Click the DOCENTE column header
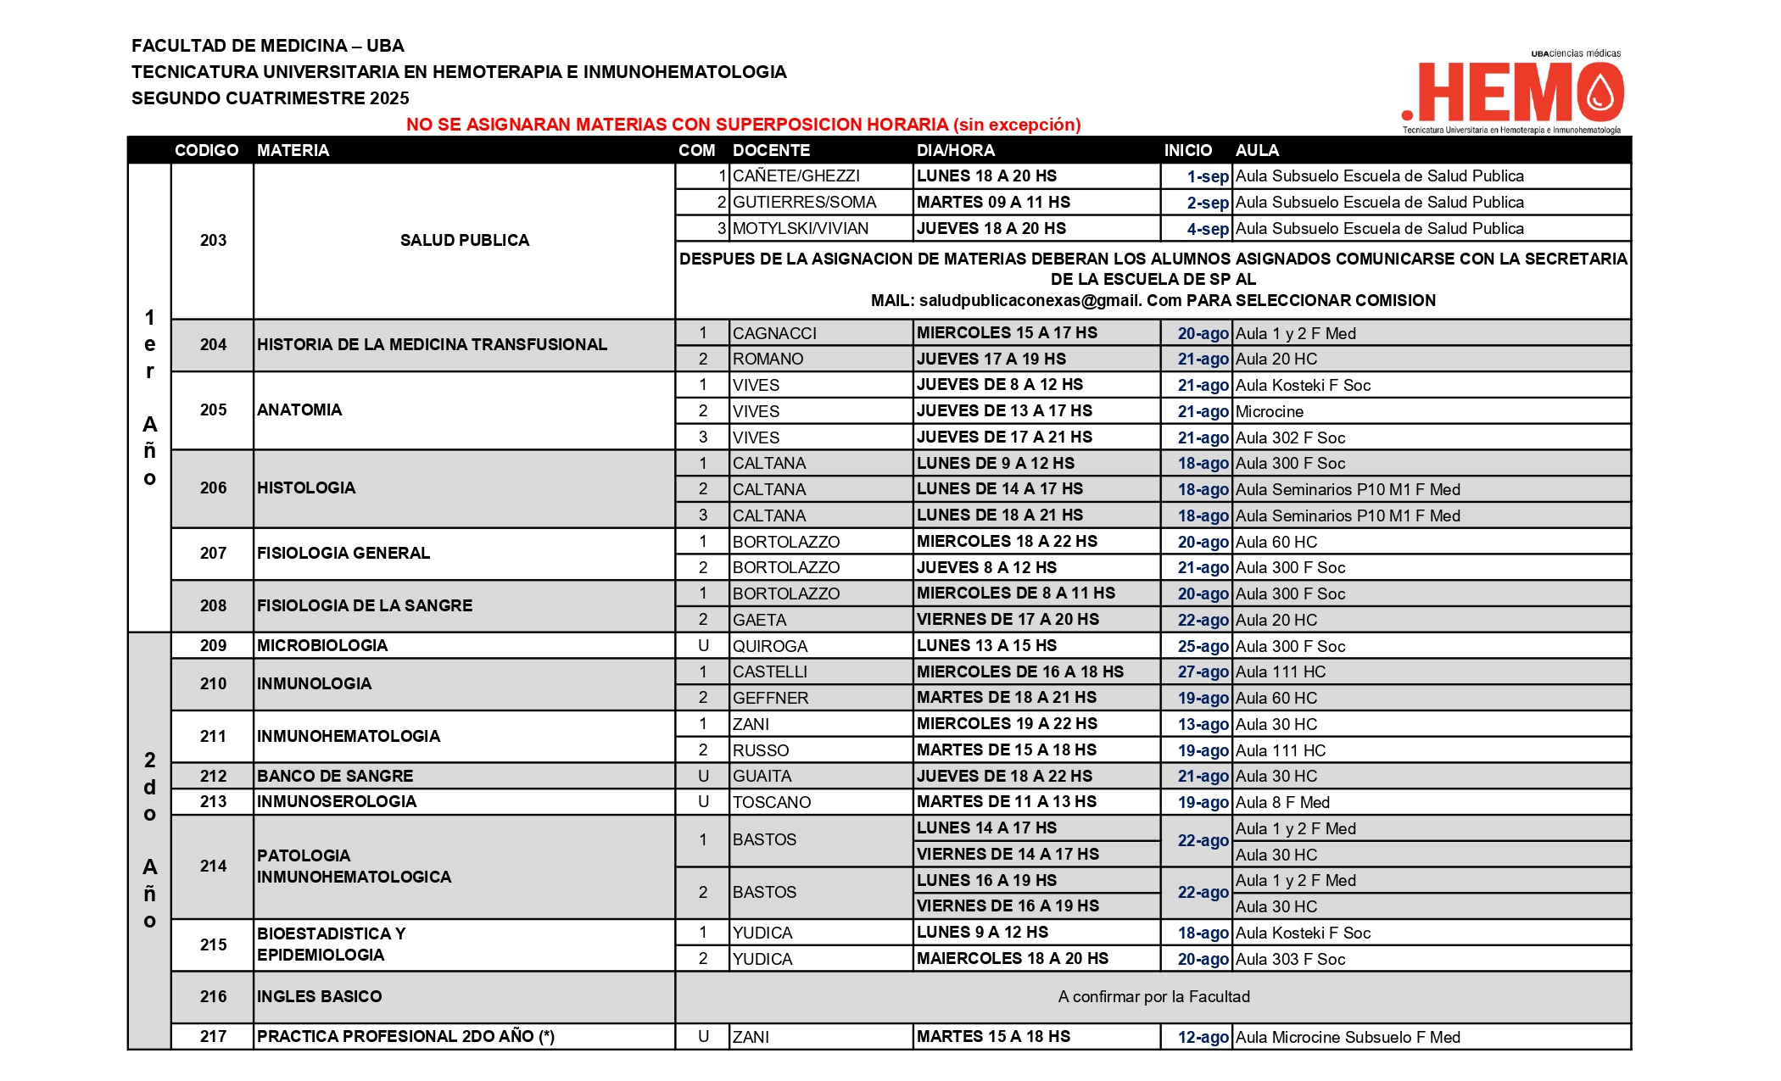[x=771, y=150]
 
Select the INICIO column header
[x=1187, y=150]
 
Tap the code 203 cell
[x=213, y=241]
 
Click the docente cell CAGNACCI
[x=774, y=333]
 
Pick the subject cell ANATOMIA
[x=299, y=410]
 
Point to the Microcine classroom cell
[x=1270, y=412]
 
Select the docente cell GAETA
[x=760, y=620]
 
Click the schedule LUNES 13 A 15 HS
[x=986, y=646]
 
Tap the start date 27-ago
[x=1203, y=672]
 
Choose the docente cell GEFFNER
[x=770, y=699]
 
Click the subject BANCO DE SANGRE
[x=335, y=777]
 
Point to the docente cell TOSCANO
[x=772, y=802]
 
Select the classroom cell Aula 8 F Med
[x=1282, y=802]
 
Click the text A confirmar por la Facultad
[x=1153, y=997]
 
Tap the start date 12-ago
[x=1203, y=1037]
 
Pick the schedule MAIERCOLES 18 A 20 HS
[x=1012, y=959]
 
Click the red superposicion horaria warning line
[x=743, y=125]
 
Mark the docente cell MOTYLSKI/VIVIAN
[x=801, y=229]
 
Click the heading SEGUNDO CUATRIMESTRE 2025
[x=270, y=98]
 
